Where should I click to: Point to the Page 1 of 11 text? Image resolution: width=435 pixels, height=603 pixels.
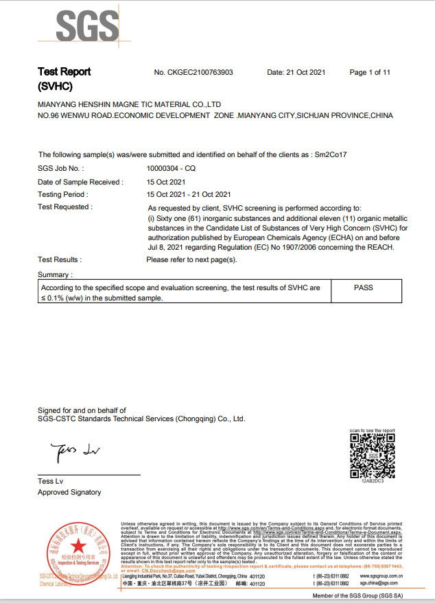click(370, 72)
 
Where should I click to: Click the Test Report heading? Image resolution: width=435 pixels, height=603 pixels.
click(64, 72)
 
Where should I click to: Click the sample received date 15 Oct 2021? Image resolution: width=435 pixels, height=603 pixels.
click(166, 182)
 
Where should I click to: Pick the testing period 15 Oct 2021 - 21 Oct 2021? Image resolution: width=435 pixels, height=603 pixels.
click(189, 194)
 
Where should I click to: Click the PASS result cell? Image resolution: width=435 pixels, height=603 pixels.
click(363, 287)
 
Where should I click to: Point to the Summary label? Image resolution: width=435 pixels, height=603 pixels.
click(55, 274)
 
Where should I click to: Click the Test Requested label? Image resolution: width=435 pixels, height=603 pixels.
click(64, 206)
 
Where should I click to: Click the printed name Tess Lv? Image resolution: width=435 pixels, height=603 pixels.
click(50, 481)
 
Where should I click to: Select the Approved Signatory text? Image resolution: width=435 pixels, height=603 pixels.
click(69, 492)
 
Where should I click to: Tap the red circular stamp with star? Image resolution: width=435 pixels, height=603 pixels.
click(78, 548)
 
